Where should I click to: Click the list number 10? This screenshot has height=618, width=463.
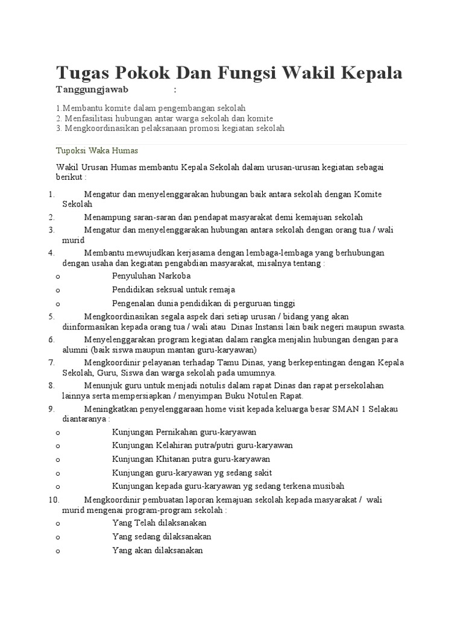point(52,500)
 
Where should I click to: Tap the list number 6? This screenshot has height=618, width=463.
point(52,339)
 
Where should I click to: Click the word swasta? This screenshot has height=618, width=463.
point(392,327)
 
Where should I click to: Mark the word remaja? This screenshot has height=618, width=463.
point(221,290)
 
